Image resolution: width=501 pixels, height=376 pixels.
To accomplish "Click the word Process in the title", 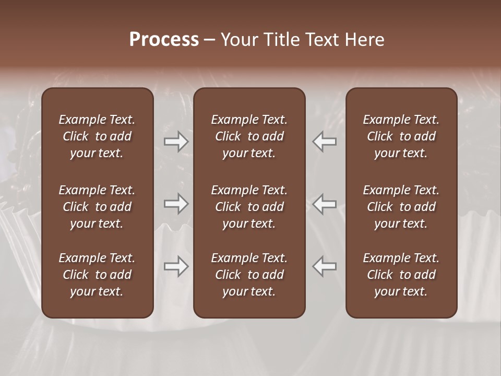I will coord(164,40).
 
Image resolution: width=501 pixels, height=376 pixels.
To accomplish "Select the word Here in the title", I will coord(364,40).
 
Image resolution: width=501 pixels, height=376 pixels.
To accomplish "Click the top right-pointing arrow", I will coord(176,142).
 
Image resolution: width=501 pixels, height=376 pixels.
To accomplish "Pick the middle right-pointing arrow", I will coord(176,203).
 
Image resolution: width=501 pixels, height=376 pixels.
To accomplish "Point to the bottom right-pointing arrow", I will coord(176,266).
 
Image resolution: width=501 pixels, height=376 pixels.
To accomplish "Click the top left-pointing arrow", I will coord(325,142).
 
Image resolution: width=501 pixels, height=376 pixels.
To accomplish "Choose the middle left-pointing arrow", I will coord(325,203).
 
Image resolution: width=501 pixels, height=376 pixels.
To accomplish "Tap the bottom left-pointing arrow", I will coord(325,266).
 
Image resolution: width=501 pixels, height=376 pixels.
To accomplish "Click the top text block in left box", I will coord(97,136).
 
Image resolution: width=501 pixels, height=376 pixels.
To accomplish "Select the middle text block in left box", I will coord(97,207).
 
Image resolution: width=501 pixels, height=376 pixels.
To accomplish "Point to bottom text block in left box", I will coord(97,275).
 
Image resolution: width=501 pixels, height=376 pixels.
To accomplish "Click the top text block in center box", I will coord(249,136).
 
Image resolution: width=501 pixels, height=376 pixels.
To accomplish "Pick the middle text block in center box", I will coord(249,207).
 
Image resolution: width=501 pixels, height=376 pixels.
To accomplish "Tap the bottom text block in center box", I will coord(249,275).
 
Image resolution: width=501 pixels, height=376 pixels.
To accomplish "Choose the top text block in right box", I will coord(401,136).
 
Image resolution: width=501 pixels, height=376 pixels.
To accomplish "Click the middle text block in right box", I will coord(401,207).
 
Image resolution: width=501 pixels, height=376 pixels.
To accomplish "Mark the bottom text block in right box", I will coord(401,275).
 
